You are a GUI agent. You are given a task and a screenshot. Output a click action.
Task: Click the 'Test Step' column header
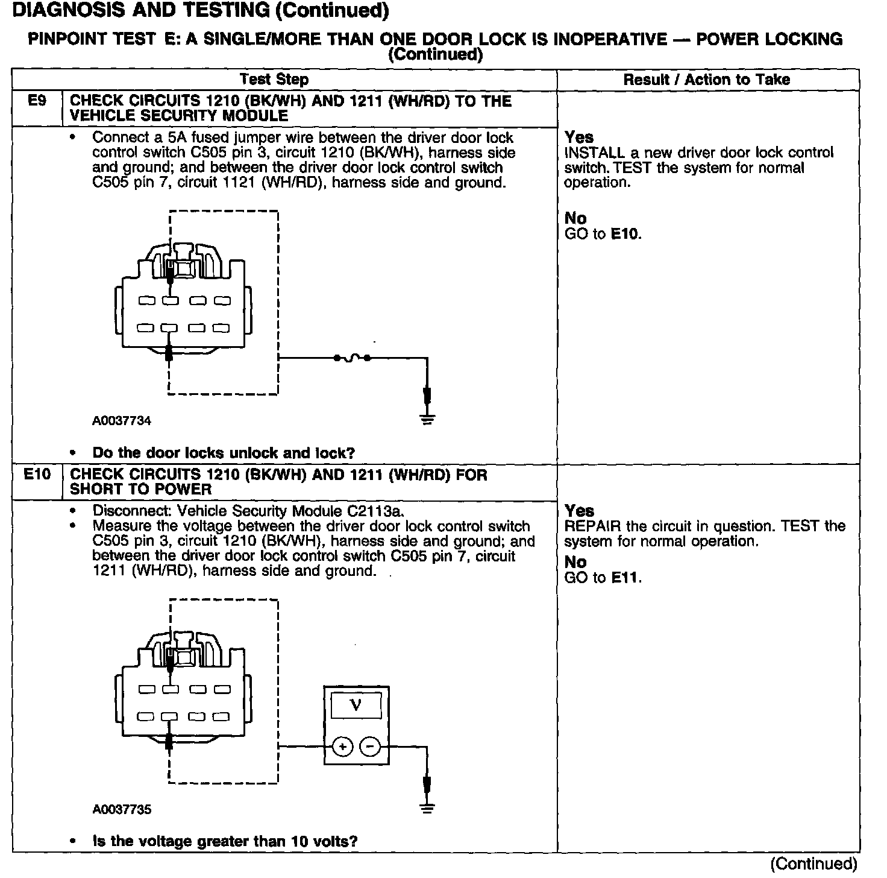[274, 80]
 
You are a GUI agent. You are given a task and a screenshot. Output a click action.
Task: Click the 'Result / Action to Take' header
[706, 80]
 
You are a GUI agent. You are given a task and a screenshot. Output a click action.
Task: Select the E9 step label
[37, 101]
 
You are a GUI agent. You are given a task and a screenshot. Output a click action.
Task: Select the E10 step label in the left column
[37, 475]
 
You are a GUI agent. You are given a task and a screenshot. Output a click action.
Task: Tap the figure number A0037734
[121, 421]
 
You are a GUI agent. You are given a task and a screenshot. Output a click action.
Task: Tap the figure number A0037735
[121, 809]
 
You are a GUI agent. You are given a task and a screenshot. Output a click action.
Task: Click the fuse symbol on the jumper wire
[352, 358]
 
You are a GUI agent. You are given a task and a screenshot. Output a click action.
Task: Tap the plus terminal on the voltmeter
[342, 747]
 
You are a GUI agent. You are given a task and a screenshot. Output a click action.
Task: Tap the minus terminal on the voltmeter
[370, 747]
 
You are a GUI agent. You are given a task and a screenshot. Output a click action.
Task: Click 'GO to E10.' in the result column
[603, 234]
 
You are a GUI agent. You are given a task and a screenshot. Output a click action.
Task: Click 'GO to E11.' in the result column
[603, 578]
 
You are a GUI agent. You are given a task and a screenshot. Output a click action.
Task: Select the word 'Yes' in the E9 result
[579, 137]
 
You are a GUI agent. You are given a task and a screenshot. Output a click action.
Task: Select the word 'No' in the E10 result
[575, 562]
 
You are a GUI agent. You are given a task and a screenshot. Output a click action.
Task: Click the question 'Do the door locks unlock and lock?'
[224, 453]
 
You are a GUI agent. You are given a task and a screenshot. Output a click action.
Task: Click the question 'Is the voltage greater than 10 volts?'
[225, 841]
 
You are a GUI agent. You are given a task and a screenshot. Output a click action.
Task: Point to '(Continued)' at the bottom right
[813, 864]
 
